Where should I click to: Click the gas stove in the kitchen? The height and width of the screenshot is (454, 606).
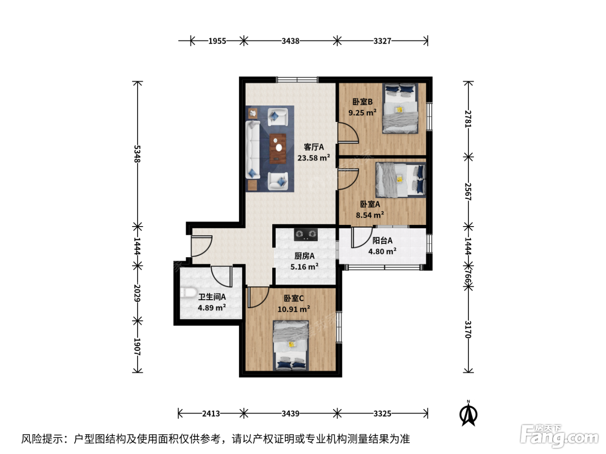coord(305,235)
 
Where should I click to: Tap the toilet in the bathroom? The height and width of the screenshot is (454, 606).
coord(189,292)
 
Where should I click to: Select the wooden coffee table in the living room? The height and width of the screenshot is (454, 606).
coord(277,148)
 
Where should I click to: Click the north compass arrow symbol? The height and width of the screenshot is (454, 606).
coord(468,414)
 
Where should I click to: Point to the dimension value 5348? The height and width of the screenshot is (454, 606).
coord(137,154)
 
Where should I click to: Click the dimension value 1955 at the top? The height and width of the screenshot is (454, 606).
coord(217,41)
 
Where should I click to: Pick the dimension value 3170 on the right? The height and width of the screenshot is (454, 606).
coord(468,329)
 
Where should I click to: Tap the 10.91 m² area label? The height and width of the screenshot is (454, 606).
coord(293,309)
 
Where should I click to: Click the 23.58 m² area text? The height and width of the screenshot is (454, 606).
coord(314,158)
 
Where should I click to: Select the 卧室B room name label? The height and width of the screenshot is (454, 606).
coord(362,102)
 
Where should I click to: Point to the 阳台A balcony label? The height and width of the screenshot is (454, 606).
coord(382,241)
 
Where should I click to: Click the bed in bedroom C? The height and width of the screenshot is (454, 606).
coord(291,345)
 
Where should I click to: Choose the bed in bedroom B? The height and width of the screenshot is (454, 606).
coord(400,109)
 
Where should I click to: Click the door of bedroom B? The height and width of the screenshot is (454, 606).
coord(348,133)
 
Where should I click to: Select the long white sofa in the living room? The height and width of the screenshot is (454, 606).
coord(253,149)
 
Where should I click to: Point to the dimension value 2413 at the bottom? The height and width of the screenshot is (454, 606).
coord(211,413)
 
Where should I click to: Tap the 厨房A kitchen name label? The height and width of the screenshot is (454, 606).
coord(304,256)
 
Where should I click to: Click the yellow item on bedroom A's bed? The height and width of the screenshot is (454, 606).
coord(399,179)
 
